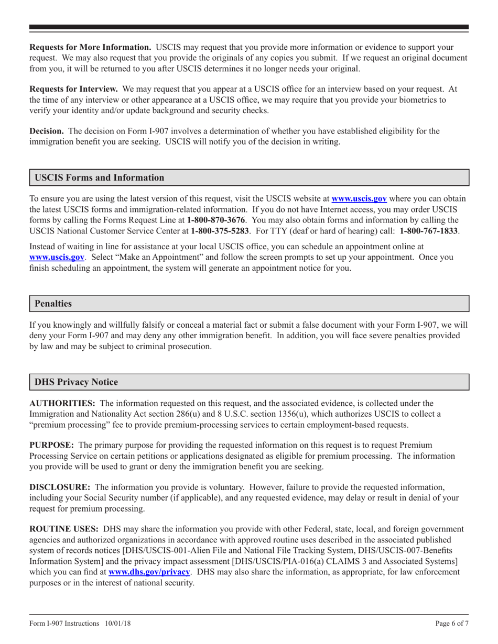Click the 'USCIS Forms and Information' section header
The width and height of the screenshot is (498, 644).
[x=99, y=177]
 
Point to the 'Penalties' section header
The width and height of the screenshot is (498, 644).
[x=53, y=304]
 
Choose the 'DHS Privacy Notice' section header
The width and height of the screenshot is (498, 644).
[x=76, y=382]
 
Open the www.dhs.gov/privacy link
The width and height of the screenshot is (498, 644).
[x=149, y=572]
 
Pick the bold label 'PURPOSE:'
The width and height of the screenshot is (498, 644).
[x=51, y=445]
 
